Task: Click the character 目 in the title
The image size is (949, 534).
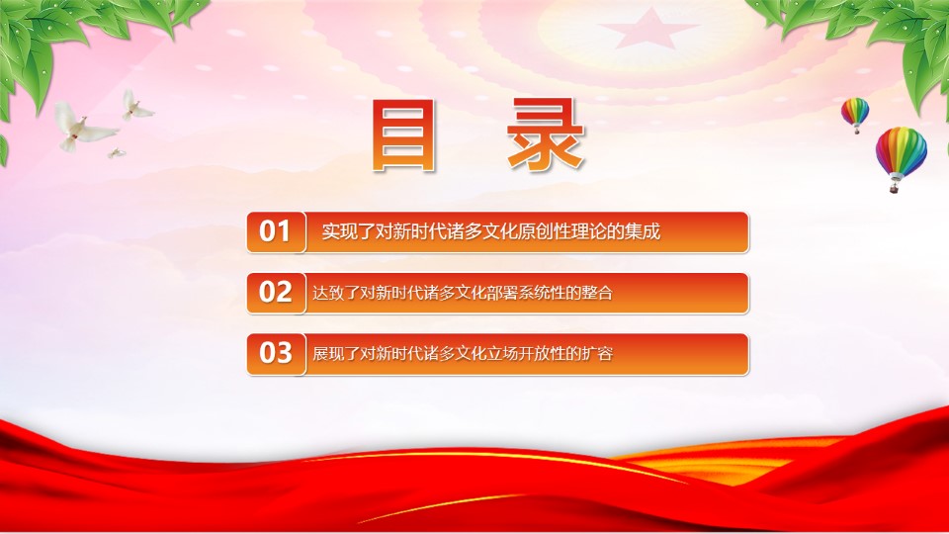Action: pyautogui.click(x=404, y=135)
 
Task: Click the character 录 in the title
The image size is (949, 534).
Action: pyautogui.click(x=546, y=135)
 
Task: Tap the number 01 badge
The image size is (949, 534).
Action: pyautogui.click(x=276, y=231)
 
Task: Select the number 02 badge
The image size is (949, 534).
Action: pyautogui.click(x=276, y=293)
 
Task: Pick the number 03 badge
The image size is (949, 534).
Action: pyautogui.click(x=276, y=354)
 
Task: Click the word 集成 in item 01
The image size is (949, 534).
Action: pyautogui.click(x=643, y=231)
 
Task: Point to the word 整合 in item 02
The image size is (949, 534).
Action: pyautogui.click(x=597, y=293)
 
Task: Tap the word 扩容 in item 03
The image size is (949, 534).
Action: pyautogui.click(x=597, y=354)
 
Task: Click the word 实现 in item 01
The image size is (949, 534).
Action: pyautogui.click(x=339, y=231)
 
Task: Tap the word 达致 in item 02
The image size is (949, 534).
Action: pyautogui.click(x=328, y=293)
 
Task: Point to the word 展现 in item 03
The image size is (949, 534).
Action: pyautogui.click(x=328, y=354)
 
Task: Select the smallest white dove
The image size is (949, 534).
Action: pyautogui.click(x=117, y=153)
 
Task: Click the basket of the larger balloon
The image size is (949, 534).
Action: pyautogui.click(x=894, y=188)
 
